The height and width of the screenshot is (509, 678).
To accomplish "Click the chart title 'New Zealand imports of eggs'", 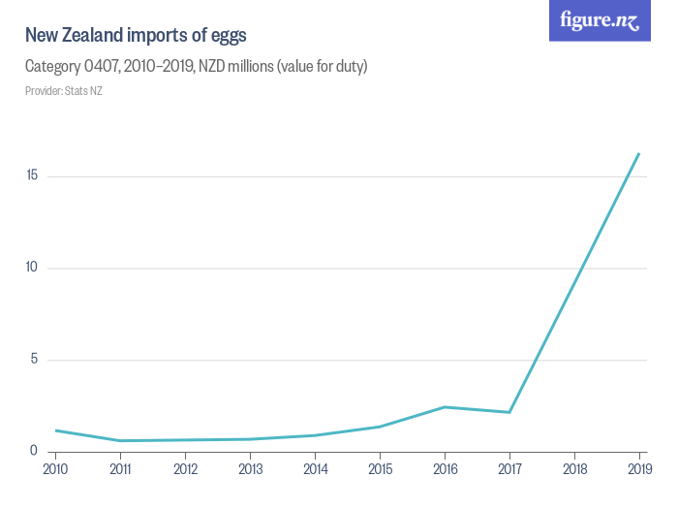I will tap(136, 36).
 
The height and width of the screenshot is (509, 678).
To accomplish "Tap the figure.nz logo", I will tap(600, 20).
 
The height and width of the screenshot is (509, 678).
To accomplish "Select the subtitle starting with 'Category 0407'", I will tap(196, 67).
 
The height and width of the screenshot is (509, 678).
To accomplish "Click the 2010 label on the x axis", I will tap(56, 469).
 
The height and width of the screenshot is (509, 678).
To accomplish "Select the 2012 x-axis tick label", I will tap(186, 469).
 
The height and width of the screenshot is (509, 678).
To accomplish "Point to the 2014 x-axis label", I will tap(316, 469).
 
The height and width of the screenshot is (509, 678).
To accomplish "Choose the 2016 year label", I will tap(445, 469).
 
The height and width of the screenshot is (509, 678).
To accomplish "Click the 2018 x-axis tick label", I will tap(574, 469).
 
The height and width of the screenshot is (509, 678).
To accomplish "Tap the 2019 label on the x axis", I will tap(639, 469).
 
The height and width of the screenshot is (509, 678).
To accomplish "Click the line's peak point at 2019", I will tap(639, 153).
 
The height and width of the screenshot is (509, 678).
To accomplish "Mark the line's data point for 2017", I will tap(509, 412).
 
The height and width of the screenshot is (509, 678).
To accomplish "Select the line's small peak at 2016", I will tap(445, 407).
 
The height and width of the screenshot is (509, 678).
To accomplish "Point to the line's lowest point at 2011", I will tap(121, 441).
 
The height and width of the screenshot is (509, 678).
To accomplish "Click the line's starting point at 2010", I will tap(56, 430).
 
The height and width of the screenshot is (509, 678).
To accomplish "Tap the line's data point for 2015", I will tap(380, 427).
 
